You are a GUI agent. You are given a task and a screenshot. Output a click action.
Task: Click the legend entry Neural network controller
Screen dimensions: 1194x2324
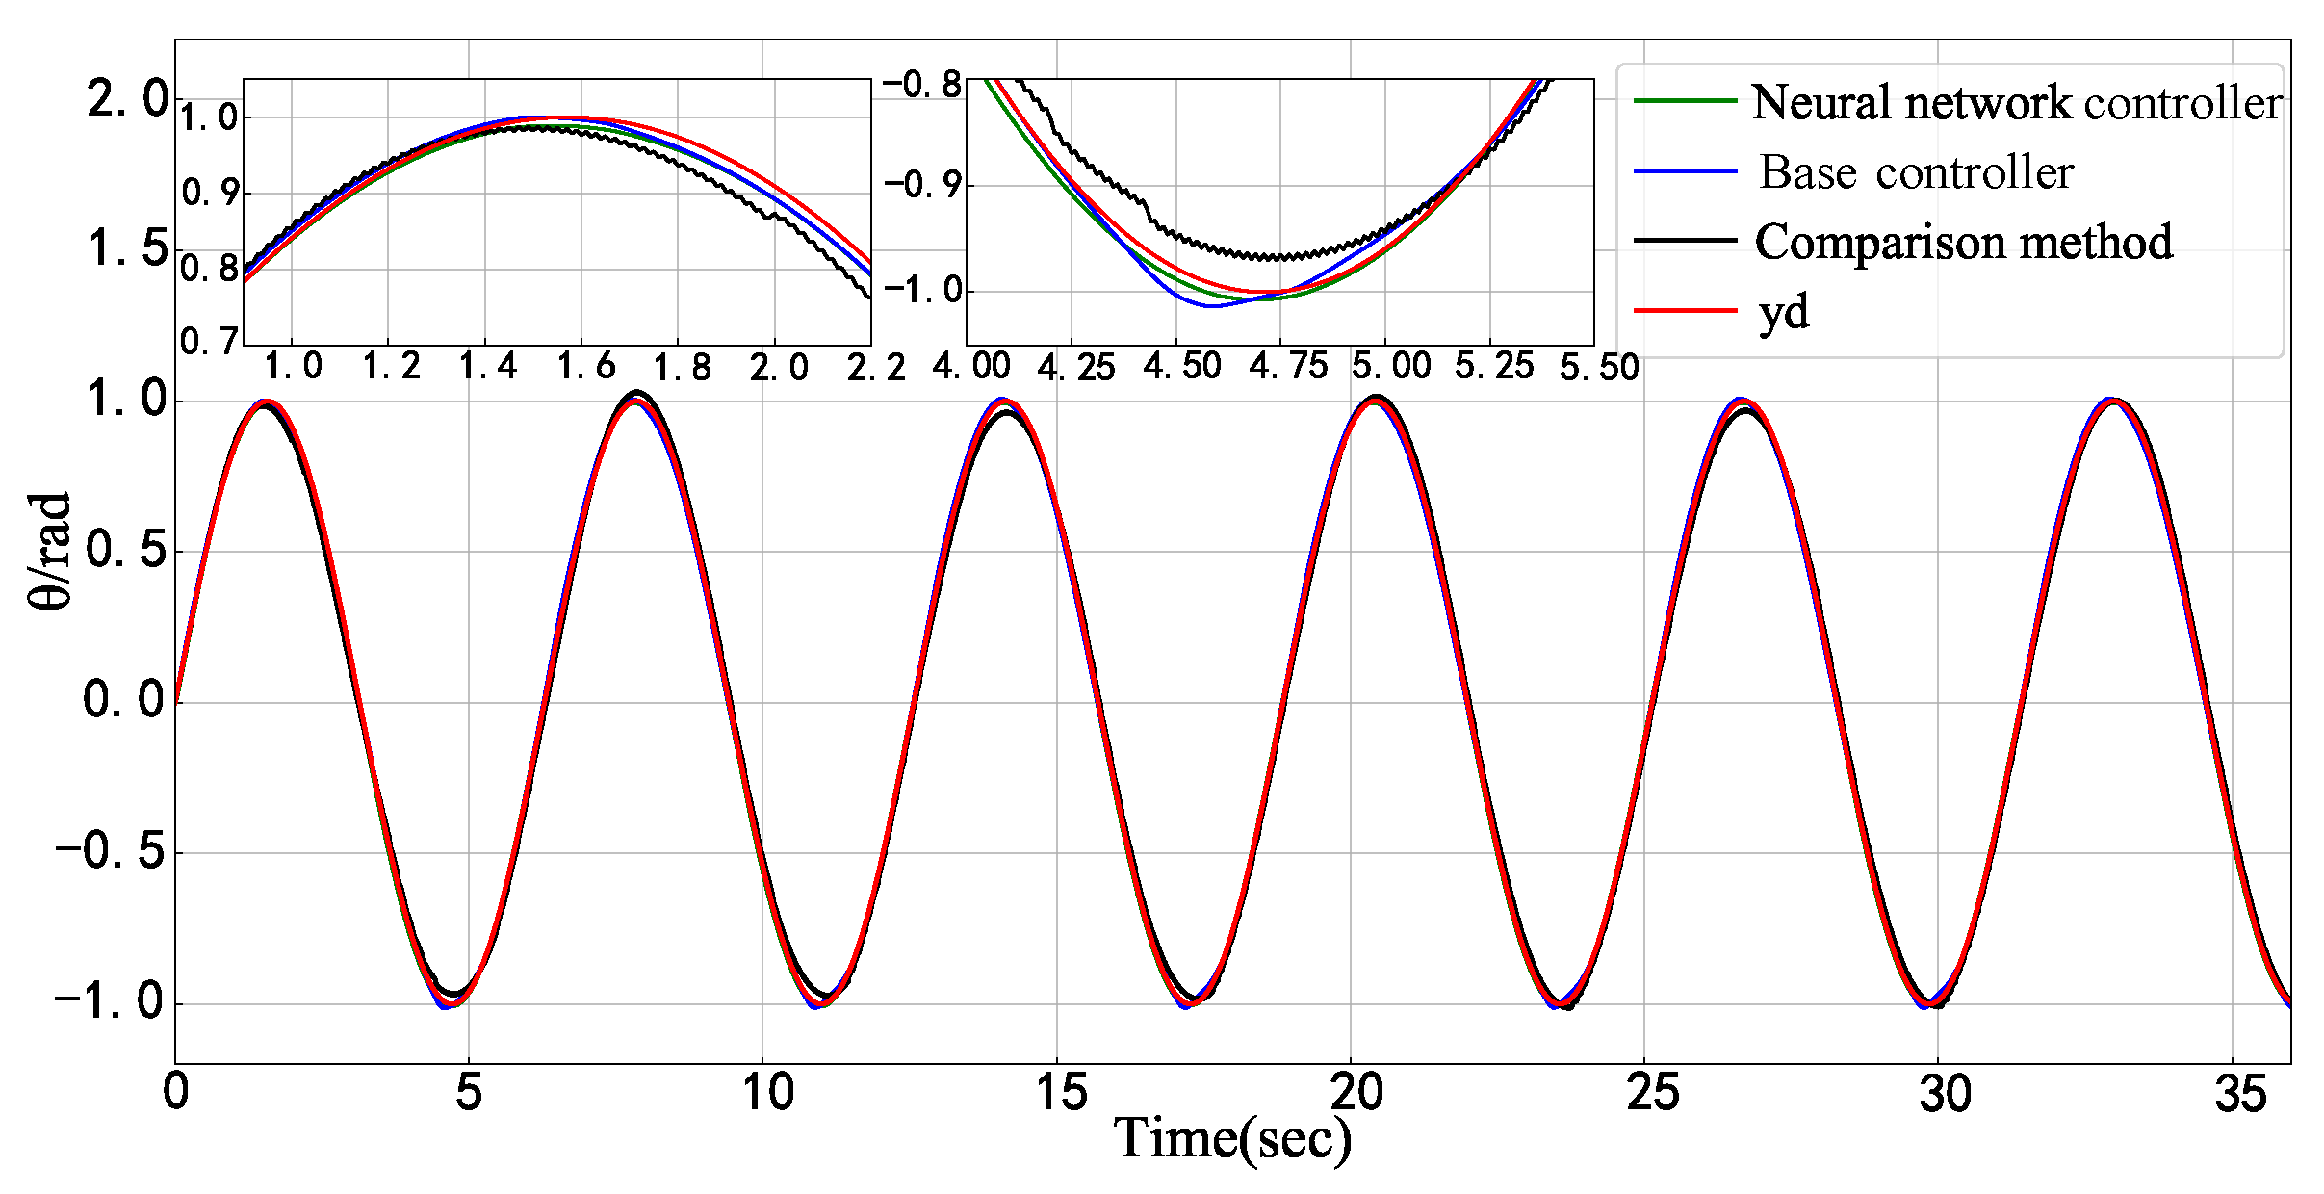coord(2016,102)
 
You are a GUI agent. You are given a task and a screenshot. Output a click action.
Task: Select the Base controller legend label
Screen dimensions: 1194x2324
coord(1916,172)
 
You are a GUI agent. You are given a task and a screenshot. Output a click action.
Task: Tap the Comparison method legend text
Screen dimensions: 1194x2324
coord(1963,242)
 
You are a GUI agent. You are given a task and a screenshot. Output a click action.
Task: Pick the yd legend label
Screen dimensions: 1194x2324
coord(1784,312)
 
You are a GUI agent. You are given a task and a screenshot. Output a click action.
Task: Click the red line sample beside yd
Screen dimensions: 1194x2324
coord(1685,310)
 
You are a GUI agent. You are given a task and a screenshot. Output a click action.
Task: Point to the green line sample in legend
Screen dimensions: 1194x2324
coord(1685,100)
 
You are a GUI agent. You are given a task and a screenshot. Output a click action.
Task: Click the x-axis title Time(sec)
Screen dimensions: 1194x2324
coord(1232,1139)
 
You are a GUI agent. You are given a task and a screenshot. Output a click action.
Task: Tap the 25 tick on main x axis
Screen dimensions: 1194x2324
coord(1652,1093)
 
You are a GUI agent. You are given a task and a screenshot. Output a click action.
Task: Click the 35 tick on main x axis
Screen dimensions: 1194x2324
coord(2239,1093)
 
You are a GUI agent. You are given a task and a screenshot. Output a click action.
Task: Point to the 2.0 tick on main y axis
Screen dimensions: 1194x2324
coord(127,99)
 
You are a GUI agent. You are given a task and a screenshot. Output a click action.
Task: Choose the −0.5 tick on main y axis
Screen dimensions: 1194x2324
coord(110,851)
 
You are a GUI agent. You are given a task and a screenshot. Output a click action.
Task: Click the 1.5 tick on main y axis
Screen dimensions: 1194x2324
coord(127,248)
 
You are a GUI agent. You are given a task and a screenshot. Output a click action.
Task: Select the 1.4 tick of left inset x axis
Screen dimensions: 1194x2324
coord(487,367)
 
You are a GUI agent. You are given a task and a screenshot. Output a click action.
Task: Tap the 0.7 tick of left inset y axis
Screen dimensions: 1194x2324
coord(209,341)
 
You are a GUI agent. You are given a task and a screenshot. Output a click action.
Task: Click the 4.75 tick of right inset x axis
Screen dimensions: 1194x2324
coord(1288,367)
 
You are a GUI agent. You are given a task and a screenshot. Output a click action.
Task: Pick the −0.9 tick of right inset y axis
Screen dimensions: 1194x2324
coord(922,184)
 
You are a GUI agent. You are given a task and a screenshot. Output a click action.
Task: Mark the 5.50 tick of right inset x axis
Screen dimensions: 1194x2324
coord(1599,367)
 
